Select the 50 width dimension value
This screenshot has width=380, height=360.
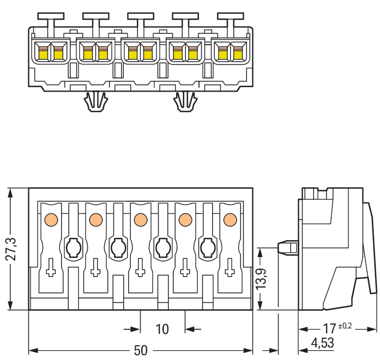(x=141, y=350)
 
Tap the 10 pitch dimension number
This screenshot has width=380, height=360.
(x=162, y=329)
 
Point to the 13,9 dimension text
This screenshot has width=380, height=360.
(x=262, y=279)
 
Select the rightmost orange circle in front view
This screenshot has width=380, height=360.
(x=230, y=219)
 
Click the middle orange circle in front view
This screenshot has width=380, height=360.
(x=140, y=219)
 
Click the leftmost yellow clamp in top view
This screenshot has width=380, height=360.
(x=42, y=53)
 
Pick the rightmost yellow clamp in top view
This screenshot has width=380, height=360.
(x=238, y=53)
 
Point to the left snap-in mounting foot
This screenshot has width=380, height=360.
(x=95, y=101)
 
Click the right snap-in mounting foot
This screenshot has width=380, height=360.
(x=185, y=101)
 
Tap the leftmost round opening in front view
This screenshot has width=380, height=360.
(x=73, y=248)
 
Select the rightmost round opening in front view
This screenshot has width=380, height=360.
(x=207, y=248)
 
